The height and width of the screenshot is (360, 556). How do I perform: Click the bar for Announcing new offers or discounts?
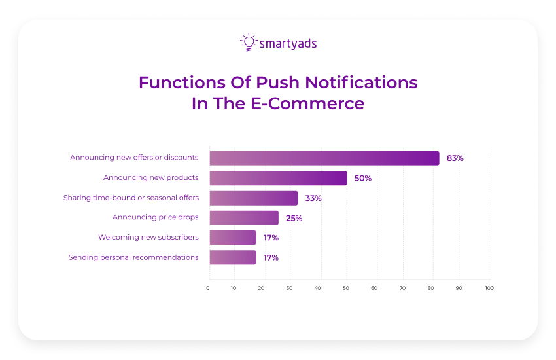tap(324, 158)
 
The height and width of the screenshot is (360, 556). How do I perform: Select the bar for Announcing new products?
tap(278, 178)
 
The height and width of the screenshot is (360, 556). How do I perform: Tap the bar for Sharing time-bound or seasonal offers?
tap(254, 198)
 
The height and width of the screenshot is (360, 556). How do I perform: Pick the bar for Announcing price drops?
tap(244, 218)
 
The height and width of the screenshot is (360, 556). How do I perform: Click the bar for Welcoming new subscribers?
tap(233, 238)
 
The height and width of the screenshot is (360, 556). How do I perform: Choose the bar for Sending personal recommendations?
tap(233, 257)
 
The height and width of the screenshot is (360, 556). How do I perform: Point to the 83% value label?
tap(455, 158)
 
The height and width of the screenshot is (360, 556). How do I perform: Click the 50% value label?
tap(363, 178)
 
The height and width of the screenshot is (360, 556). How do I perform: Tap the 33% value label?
tap(313, 198)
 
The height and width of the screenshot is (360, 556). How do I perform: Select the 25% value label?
tap(294, 218)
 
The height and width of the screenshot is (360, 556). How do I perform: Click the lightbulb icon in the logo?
tap(248, 43)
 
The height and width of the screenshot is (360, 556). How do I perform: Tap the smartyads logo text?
tap(288, 44)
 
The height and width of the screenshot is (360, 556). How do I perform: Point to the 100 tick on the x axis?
tap(489, 288)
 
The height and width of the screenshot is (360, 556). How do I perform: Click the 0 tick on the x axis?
tap(209, 288)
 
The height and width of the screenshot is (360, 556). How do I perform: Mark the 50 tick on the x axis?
tap(346, 288)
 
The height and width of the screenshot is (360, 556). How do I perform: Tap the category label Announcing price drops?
tap(156, 217)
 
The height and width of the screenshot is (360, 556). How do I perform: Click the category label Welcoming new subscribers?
tap(148, 237)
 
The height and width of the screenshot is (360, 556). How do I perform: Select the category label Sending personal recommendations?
tap(133, 257)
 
